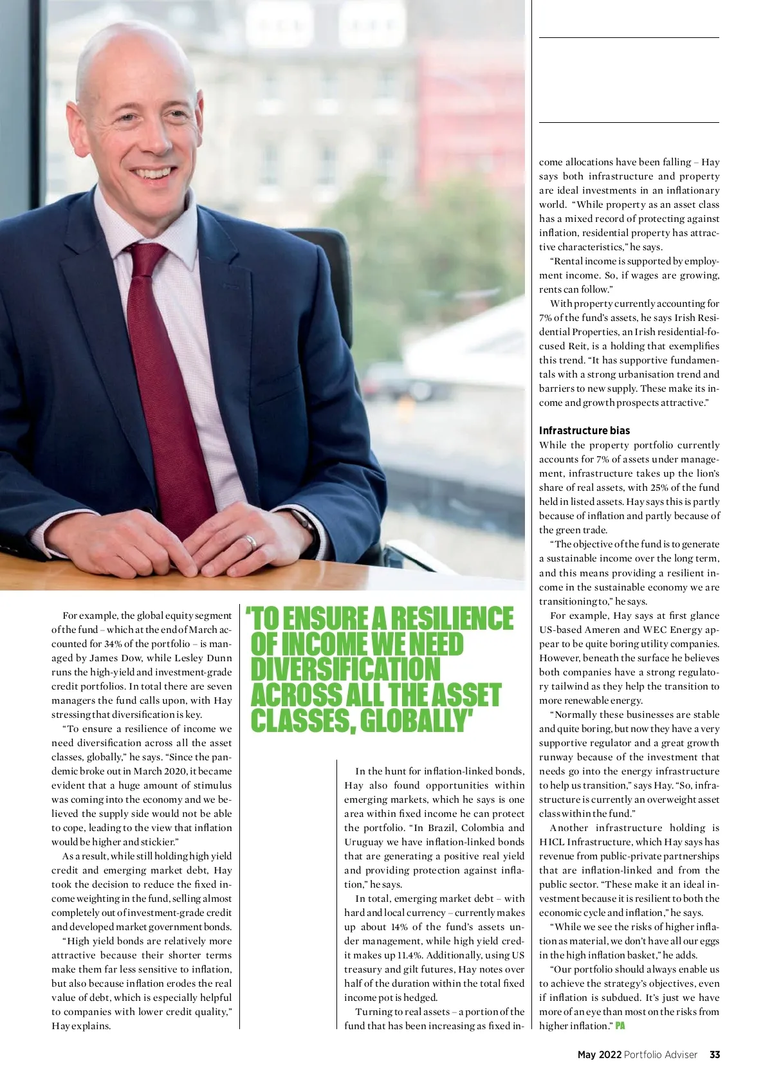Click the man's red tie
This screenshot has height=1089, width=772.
tap(169, 373)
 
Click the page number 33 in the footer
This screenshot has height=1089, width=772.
tap(715, 1054)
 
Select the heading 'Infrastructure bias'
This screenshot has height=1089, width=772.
tap(584, 430)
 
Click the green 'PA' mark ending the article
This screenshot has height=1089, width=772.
tap(620, 1025)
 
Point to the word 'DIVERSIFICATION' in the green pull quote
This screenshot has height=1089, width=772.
tap(345, 670)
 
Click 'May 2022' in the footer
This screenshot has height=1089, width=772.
tap(599, 1054)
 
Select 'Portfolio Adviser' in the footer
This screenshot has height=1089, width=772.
tap(661, 1054)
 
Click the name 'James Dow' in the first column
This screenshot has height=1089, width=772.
tap(116, 657)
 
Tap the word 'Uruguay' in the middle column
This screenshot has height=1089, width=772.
tap(362, 841)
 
